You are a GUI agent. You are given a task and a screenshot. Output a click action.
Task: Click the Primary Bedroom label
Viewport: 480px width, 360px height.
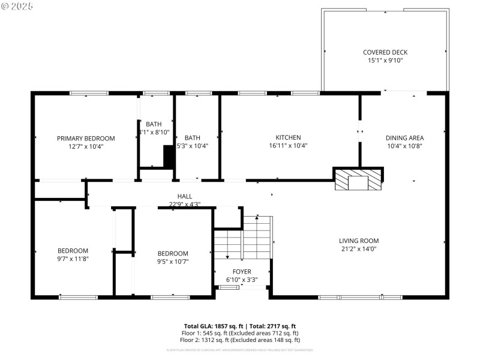86,138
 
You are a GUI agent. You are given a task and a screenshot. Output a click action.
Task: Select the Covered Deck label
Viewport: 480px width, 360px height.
385,52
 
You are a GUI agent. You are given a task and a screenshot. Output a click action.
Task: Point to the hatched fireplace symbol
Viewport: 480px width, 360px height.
358,180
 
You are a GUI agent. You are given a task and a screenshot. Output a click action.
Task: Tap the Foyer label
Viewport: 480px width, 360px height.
242,271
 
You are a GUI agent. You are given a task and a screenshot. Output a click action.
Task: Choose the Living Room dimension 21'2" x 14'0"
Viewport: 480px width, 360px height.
360,248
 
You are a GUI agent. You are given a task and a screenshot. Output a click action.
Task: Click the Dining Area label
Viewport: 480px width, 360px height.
404,138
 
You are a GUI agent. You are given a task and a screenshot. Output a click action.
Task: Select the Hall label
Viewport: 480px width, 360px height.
184,196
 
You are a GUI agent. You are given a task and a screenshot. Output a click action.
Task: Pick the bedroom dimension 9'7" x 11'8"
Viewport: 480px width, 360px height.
73,259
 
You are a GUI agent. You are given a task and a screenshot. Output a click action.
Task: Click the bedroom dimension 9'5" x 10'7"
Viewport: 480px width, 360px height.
173,261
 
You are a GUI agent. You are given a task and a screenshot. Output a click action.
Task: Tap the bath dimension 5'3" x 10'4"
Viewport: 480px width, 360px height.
192,145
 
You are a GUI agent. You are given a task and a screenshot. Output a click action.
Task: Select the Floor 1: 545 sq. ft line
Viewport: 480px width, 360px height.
241,333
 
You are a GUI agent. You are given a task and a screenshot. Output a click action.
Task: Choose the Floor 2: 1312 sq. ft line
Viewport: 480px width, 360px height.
241,340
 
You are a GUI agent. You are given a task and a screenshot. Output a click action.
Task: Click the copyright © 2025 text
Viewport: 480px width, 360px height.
18,5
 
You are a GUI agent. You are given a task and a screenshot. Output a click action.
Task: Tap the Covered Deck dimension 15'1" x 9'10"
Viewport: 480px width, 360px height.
385,60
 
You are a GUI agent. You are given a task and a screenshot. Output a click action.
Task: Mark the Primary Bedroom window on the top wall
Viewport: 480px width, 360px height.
89,93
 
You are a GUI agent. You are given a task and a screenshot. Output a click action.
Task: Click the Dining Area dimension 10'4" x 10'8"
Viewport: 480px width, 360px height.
404,145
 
